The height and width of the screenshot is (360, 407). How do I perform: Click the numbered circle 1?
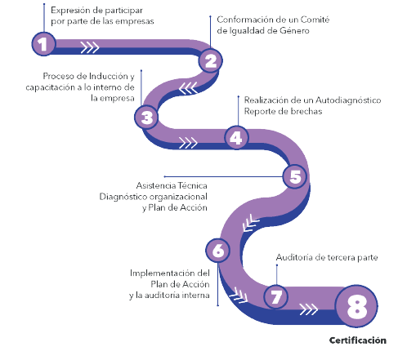(43, 44)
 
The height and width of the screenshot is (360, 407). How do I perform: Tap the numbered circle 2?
(210, 60)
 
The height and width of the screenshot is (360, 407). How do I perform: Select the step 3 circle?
(146, 118)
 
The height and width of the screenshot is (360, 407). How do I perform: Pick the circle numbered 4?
(236, 138)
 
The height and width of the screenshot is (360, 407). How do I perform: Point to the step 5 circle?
(295, 176)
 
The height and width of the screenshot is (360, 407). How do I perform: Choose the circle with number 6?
(217, 251)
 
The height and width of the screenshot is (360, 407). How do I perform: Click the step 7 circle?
(276, 296)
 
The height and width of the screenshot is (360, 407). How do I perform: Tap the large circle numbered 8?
(356, 306)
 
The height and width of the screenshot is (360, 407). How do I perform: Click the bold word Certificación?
(358, 340)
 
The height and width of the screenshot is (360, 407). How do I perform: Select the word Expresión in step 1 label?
(70, 11)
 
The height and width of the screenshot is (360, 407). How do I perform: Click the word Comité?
(315, 20)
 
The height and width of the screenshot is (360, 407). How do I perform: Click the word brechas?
(306, 111)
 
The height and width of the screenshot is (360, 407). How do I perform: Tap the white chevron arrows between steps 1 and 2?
(90, 47)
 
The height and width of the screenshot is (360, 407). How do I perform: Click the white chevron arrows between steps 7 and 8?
(309, 309)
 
